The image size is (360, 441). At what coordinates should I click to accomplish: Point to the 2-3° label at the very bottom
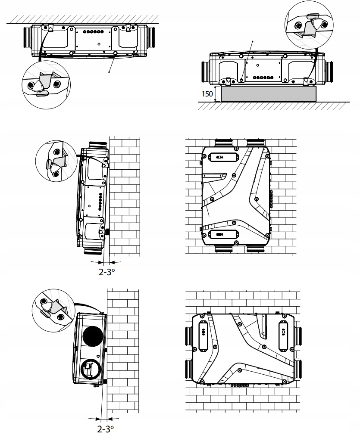click(106, 429)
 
